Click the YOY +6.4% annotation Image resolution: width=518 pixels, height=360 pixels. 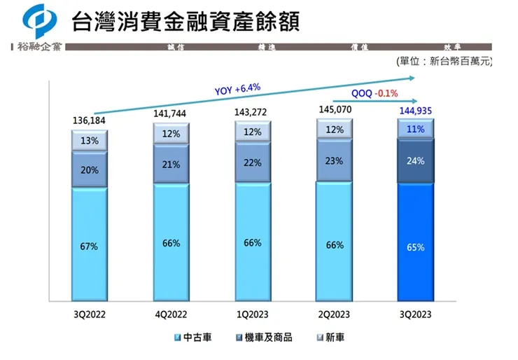[237, 89]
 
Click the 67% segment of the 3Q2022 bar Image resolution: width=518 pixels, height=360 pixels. [88, 247]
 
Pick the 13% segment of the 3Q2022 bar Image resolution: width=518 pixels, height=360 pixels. [89, 141]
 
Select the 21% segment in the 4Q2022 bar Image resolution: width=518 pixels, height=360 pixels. [171, 165]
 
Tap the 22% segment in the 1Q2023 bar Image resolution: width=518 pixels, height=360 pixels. [253, 163]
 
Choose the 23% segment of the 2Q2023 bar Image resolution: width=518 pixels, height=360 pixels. [334, 161]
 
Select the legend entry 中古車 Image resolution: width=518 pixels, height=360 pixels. [192, 338]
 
